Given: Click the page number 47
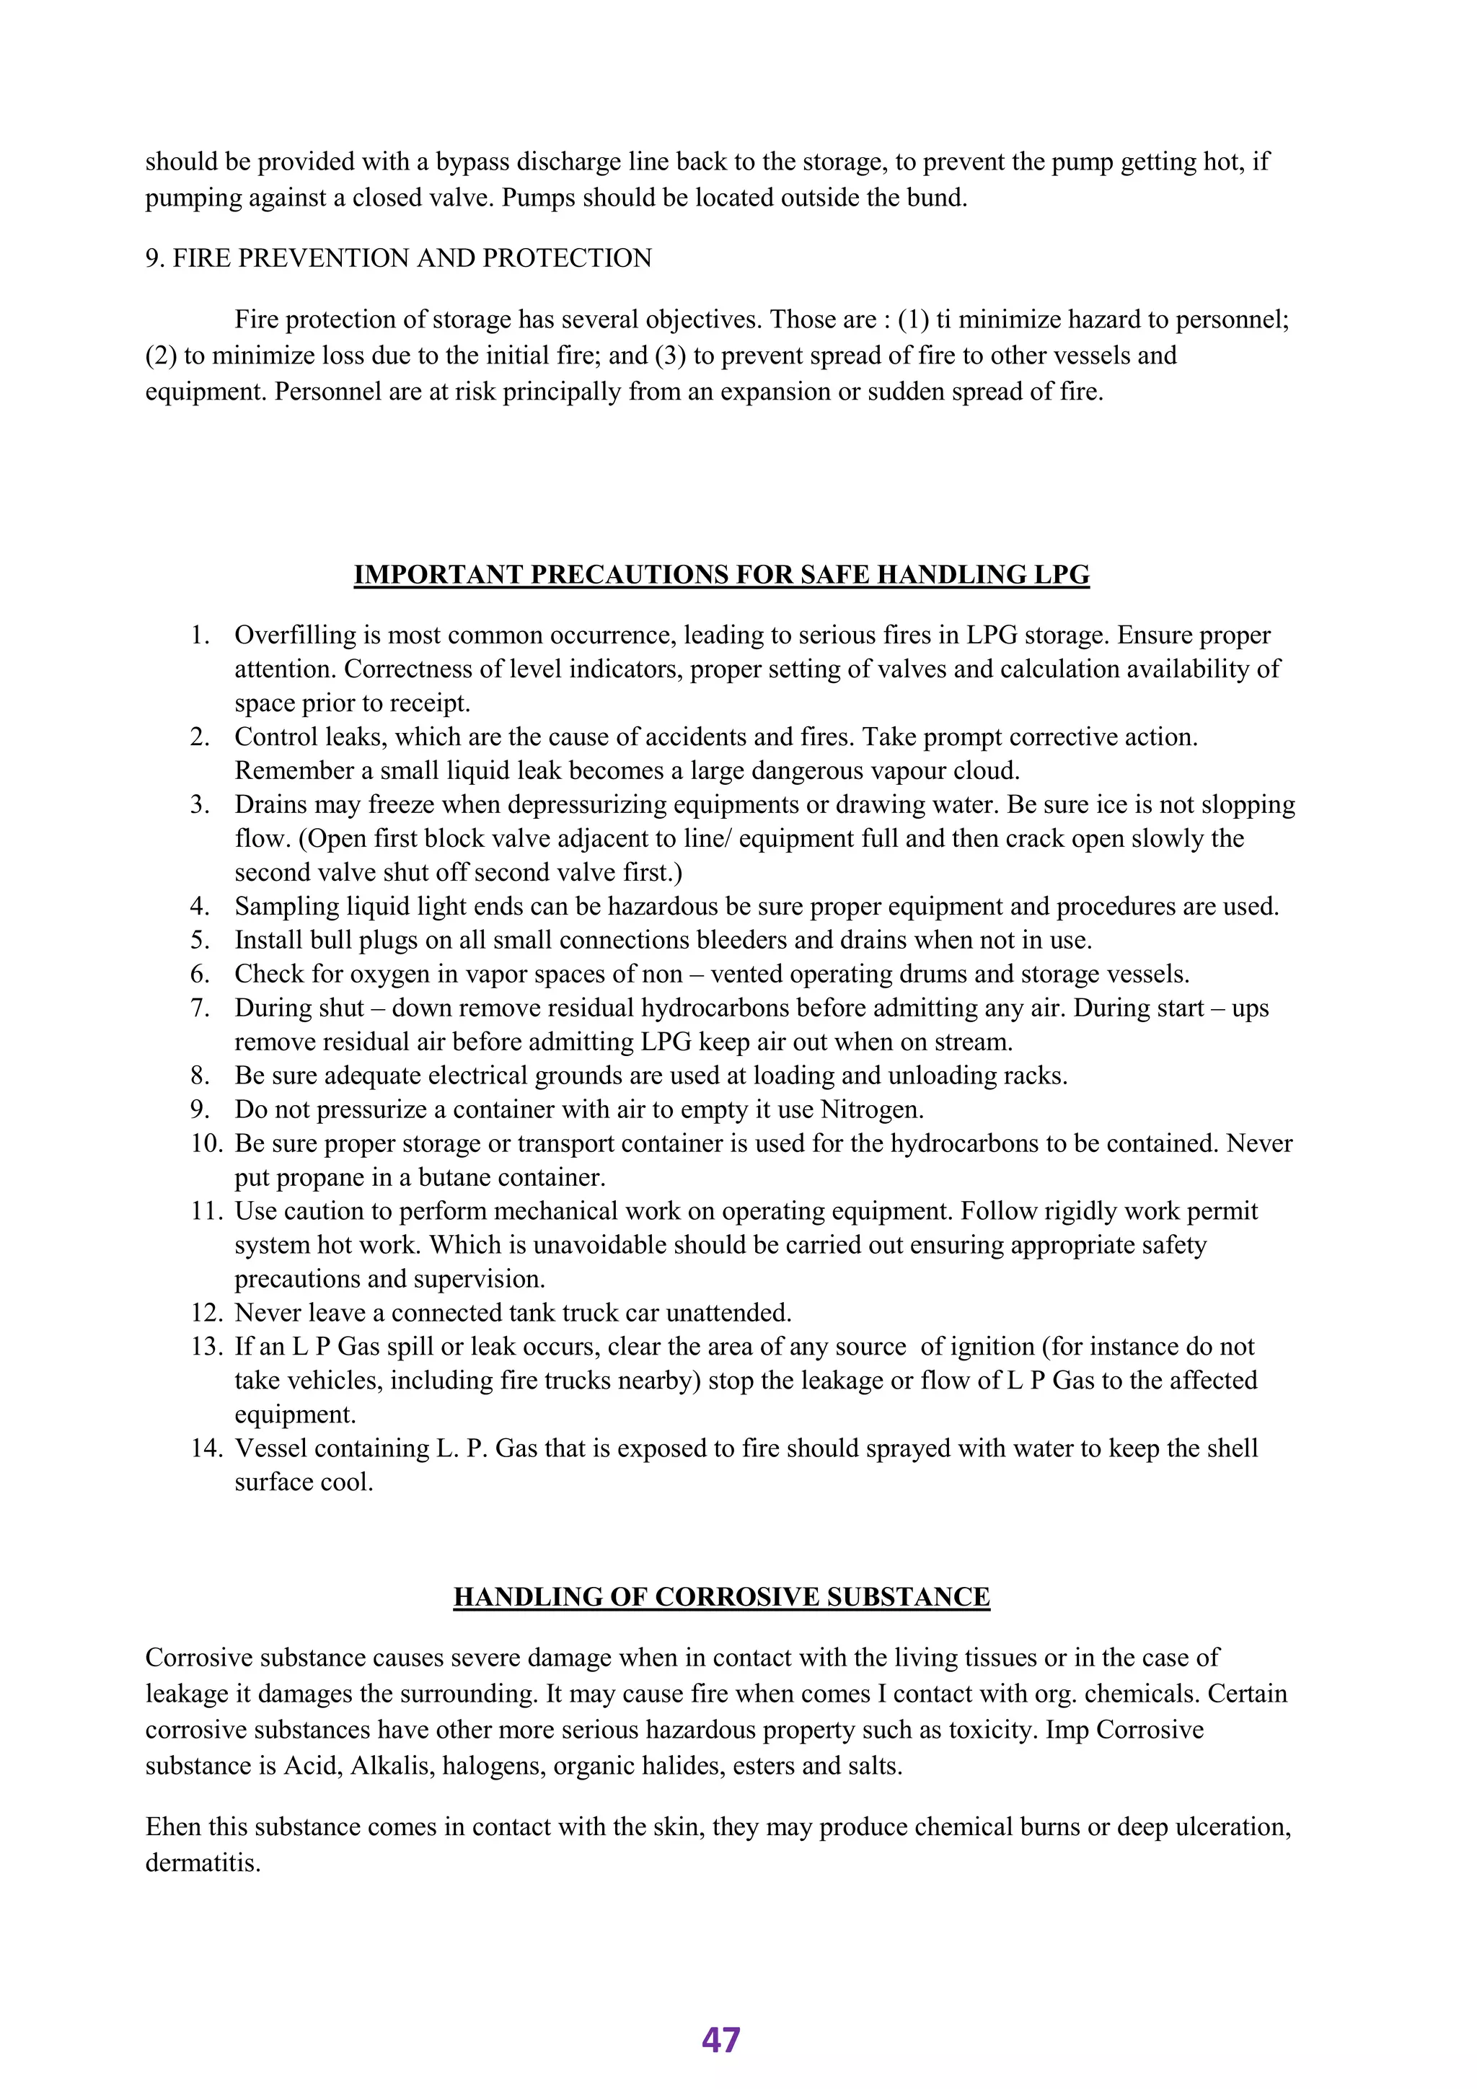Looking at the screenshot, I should [x=720, y=2039].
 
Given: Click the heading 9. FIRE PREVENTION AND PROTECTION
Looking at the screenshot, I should [x=398, y=258].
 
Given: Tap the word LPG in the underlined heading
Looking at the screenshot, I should [x=1062, y=575].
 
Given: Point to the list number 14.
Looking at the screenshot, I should [x=205, y=1448].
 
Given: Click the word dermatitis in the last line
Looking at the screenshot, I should [x=202, y=1863].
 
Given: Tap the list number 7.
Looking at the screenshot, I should [x=200, y=1008].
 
